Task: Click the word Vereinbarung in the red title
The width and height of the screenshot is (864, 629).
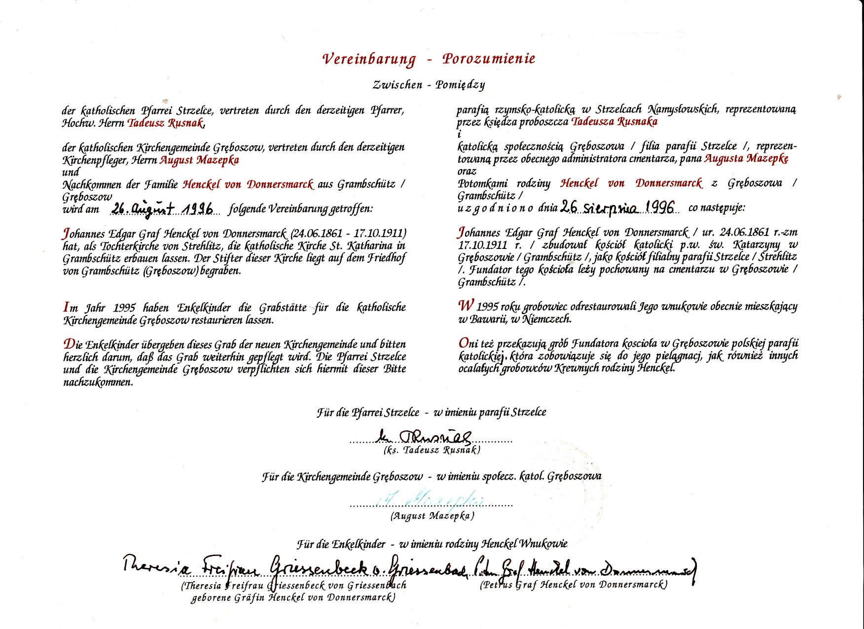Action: (x=369, y=59)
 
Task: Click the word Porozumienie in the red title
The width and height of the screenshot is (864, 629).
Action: (x=489, y=59)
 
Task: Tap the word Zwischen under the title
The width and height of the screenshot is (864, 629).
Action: (x=397, y=84)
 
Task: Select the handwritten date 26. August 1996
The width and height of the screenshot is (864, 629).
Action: (x=163, y=209)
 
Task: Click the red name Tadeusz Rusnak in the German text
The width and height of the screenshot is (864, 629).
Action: (x=166, y=123)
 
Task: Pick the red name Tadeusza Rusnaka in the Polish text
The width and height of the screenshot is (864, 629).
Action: (x=614, y=121)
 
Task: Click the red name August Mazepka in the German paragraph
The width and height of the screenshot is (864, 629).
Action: (x=199, y=160)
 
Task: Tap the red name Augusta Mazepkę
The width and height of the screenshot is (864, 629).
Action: (x=746, y=158)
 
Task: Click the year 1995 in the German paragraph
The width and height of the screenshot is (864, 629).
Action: (x=124, y=308)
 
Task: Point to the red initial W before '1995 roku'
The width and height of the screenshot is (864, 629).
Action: (x=466, y=305)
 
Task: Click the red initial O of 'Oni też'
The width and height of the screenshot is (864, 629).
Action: (x=464, y=343)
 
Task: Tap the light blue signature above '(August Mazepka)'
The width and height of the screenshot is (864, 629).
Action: (x=429, y=499)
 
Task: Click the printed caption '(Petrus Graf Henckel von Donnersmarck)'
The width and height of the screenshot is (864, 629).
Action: (x=574, y=585)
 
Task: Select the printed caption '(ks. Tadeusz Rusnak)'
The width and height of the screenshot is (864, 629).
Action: (x=432, y=450)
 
